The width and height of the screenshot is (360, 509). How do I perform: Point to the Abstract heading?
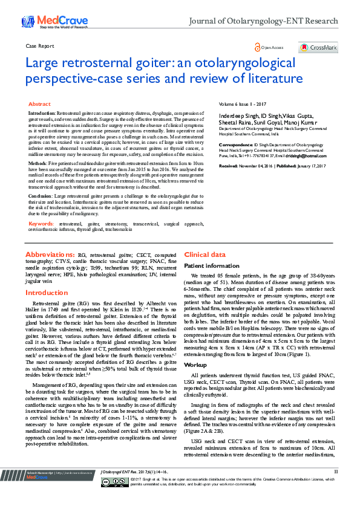click(x=39, y=104)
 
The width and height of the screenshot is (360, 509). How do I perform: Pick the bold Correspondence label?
click(x=236, y=145)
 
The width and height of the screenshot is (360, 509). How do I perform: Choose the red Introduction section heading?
click(x=46, y=293)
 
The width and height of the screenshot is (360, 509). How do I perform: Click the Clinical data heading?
click(x=205, y=255)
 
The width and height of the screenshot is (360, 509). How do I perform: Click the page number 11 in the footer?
click(x=336, y=487)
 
